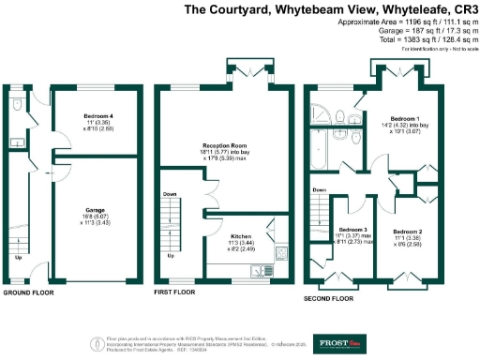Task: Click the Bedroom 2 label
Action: click(x=407, y=231)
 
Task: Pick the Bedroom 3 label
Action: click(x=352, y=230)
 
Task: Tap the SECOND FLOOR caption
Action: click(x=329, y=299)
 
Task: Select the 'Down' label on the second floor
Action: click(x=318, y=189)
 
